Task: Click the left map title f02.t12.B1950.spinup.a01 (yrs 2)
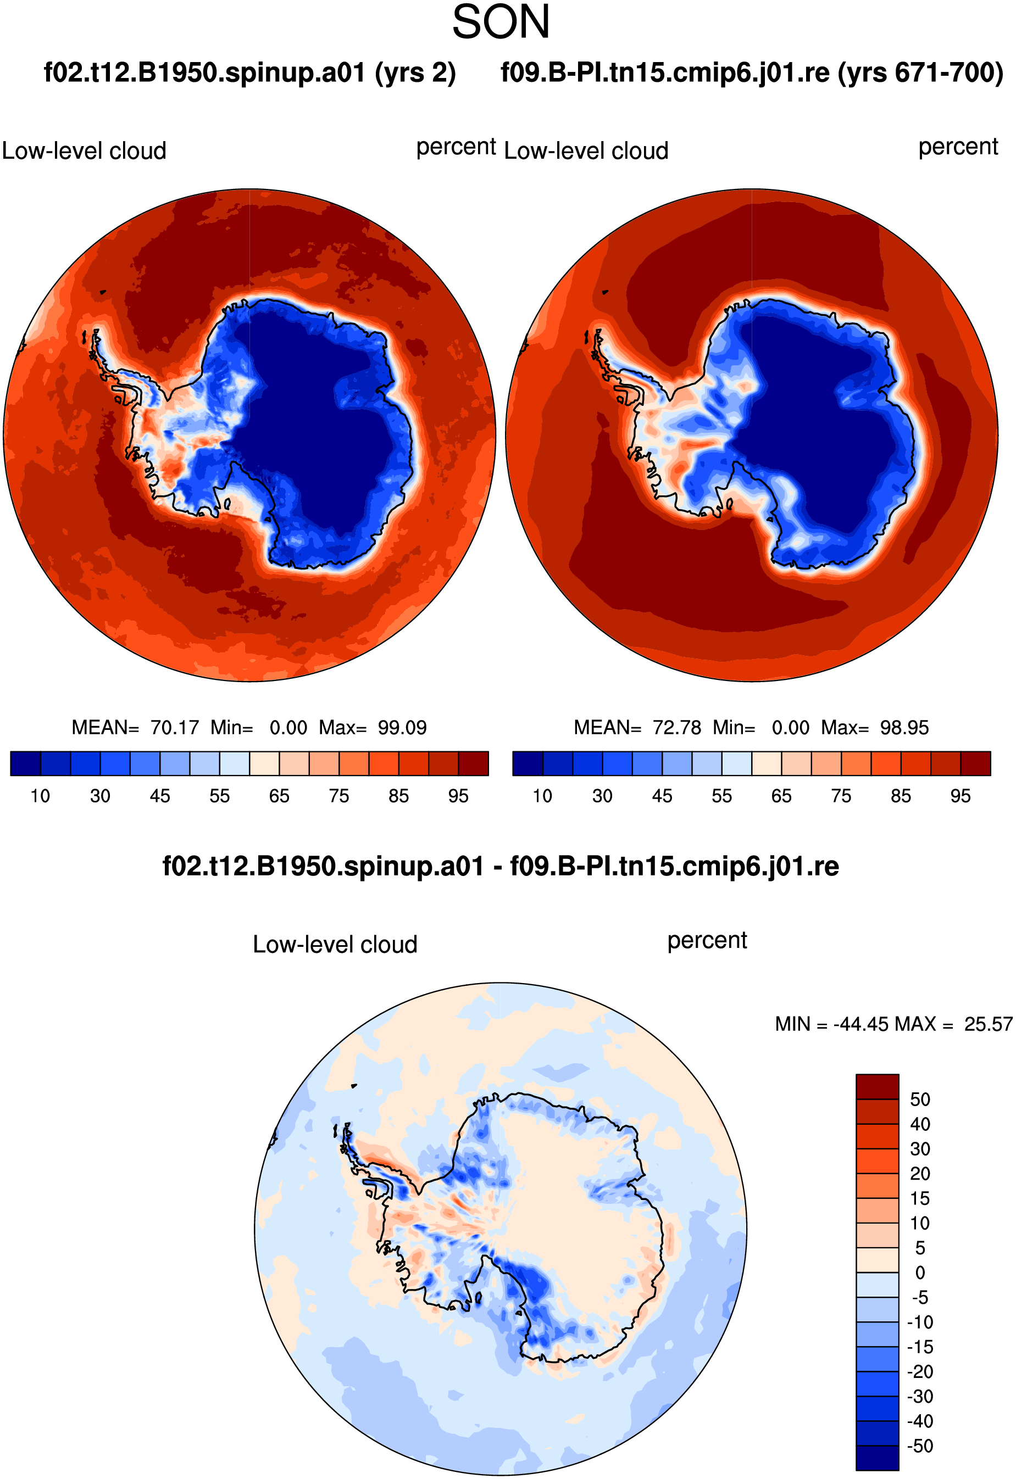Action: [249, 72]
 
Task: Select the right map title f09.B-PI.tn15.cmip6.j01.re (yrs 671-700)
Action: [752, 72]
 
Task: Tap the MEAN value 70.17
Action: [174, 727]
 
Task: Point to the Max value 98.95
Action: [904, 727]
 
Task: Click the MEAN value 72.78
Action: [677, 727]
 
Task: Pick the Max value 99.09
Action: [402, 727]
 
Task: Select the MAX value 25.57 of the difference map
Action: [988, 1024]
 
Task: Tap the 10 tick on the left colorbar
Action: [40, 796]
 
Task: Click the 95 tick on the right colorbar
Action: [961, 796]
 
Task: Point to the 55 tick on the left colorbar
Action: [220, 796]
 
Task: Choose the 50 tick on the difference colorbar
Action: [920, 1099]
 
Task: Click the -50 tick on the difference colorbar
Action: [920, 1446]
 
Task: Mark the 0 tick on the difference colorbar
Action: [920, 1273]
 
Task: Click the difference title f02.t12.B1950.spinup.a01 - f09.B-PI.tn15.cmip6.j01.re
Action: [501, 866]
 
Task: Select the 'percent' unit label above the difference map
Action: [707, 941]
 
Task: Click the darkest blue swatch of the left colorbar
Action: [25, 763]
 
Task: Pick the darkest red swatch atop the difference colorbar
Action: [877, 1086]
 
